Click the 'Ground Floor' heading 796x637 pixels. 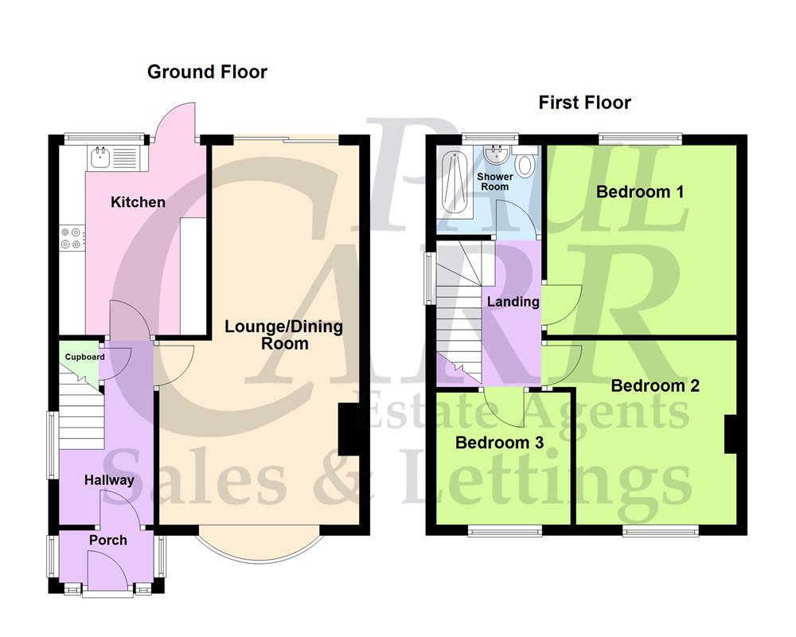(207, 72)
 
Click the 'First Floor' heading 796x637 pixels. (584, 103)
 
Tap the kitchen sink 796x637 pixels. (101, 158)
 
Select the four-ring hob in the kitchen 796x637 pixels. (72, 238)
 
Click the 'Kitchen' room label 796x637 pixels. (138, 202)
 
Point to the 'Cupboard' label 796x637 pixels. (84, 357)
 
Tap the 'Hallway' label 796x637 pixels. (109, 480)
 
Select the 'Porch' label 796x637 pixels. (107, 540)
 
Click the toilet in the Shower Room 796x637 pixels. (525, 165)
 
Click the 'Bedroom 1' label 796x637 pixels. (640, 192)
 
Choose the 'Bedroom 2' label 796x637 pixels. (655, 386)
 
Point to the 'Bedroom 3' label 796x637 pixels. (499, 443)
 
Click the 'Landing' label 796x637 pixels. (513, 302)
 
